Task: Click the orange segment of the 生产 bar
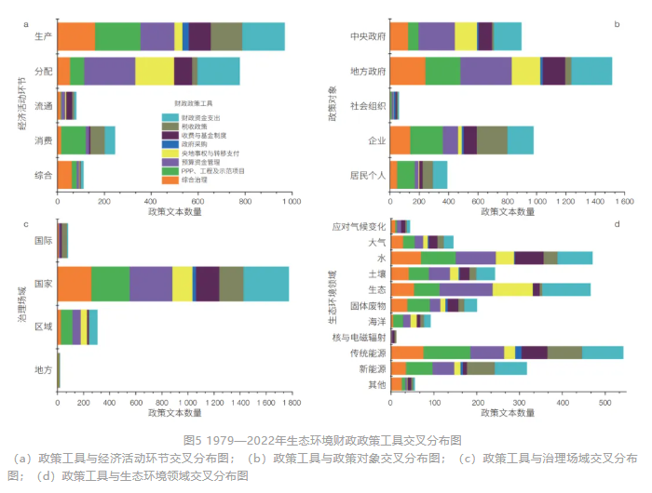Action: (75, 36)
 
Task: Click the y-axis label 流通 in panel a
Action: (41, 106)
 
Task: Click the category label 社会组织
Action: (369, 106)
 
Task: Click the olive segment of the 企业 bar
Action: (492, 140)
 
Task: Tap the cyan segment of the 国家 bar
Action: (266, 284)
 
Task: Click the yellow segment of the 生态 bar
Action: (512, 289)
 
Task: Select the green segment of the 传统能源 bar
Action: (446, 352)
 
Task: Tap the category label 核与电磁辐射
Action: (359, 337)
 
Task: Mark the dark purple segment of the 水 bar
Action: (528, 258)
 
